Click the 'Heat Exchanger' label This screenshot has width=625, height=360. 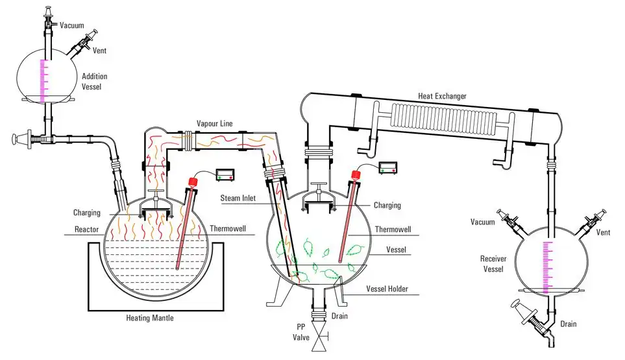tap(442, 97)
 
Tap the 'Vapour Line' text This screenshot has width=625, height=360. tap(215, 123)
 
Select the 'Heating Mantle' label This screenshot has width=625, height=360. tap(151, 318)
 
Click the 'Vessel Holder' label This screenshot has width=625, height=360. tap(387, 289)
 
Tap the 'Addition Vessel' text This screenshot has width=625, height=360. tap(95, 81)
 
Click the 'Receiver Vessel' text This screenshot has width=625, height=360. tap(493, 264)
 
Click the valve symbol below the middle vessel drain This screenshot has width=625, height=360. tap(319, 338)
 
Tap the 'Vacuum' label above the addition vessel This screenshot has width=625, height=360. tap(71, 25)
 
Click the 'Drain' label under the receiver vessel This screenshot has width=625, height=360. tap(569, 324)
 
